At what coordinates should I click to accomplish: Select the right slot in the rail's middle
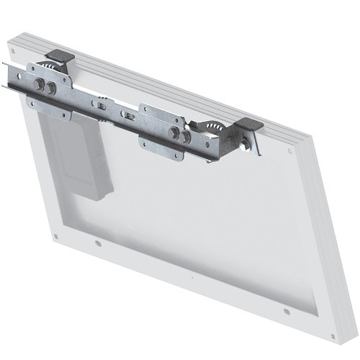[x=128, y=114]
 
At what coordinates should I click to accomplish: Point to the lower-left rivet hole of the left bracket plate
[x=30, y=99]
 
